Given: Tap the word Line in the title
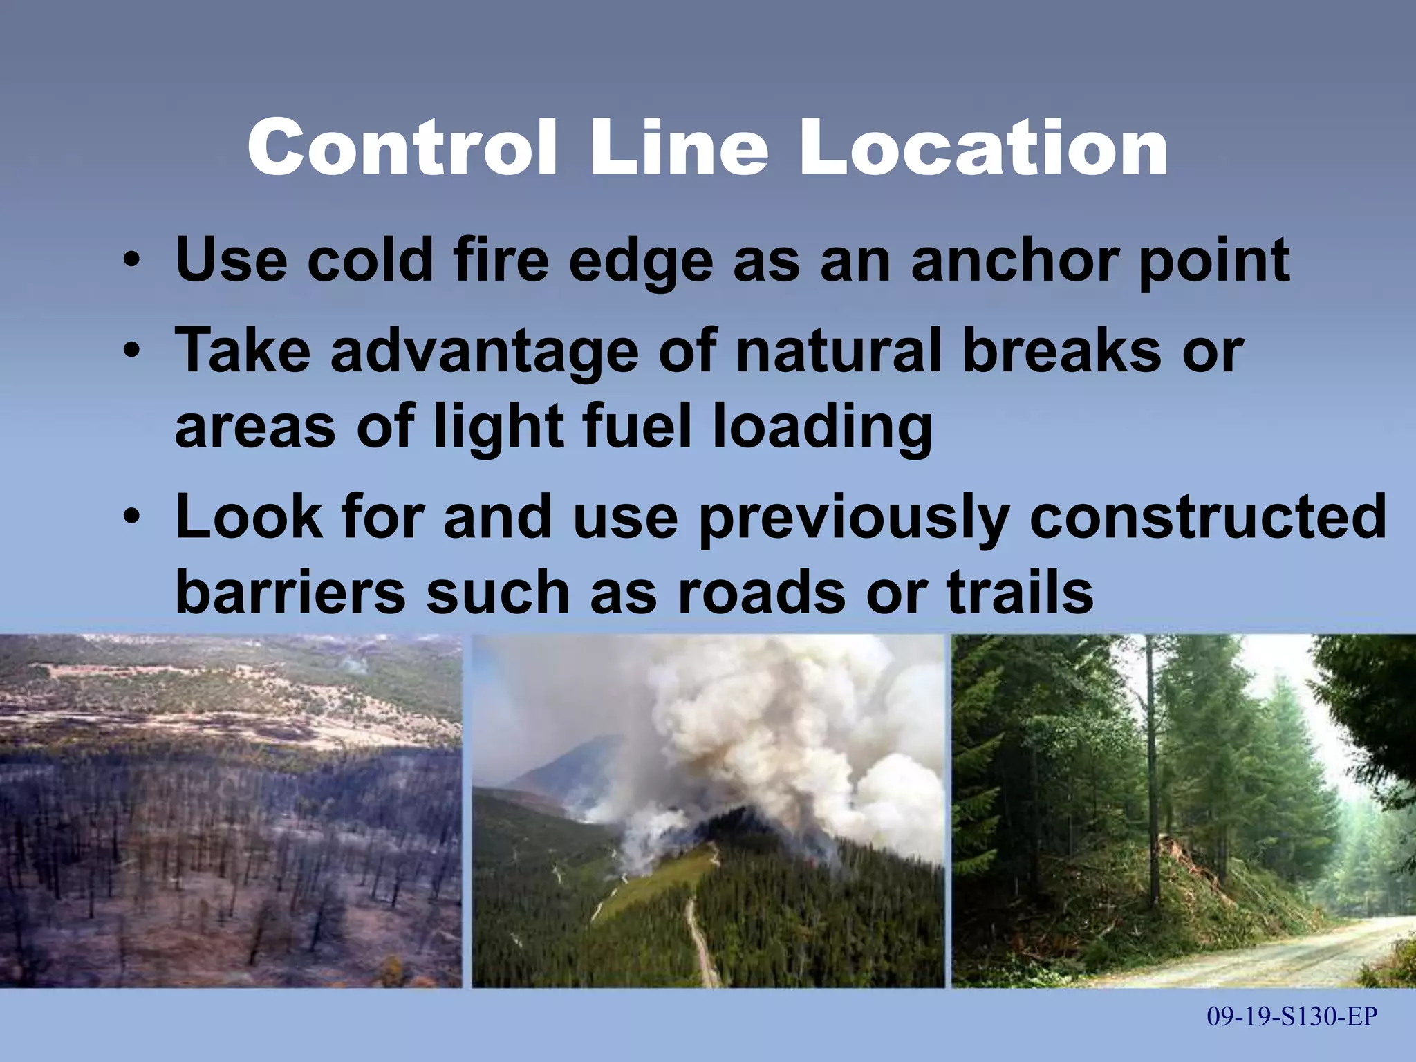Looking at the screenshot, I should point(678,148).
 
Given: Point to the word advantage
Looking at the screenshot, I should point(484,351).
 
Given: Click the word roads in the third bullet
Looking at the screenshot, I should point(761,593).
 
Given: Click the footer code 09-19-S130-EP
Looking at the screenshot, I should point(1292,1016).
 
